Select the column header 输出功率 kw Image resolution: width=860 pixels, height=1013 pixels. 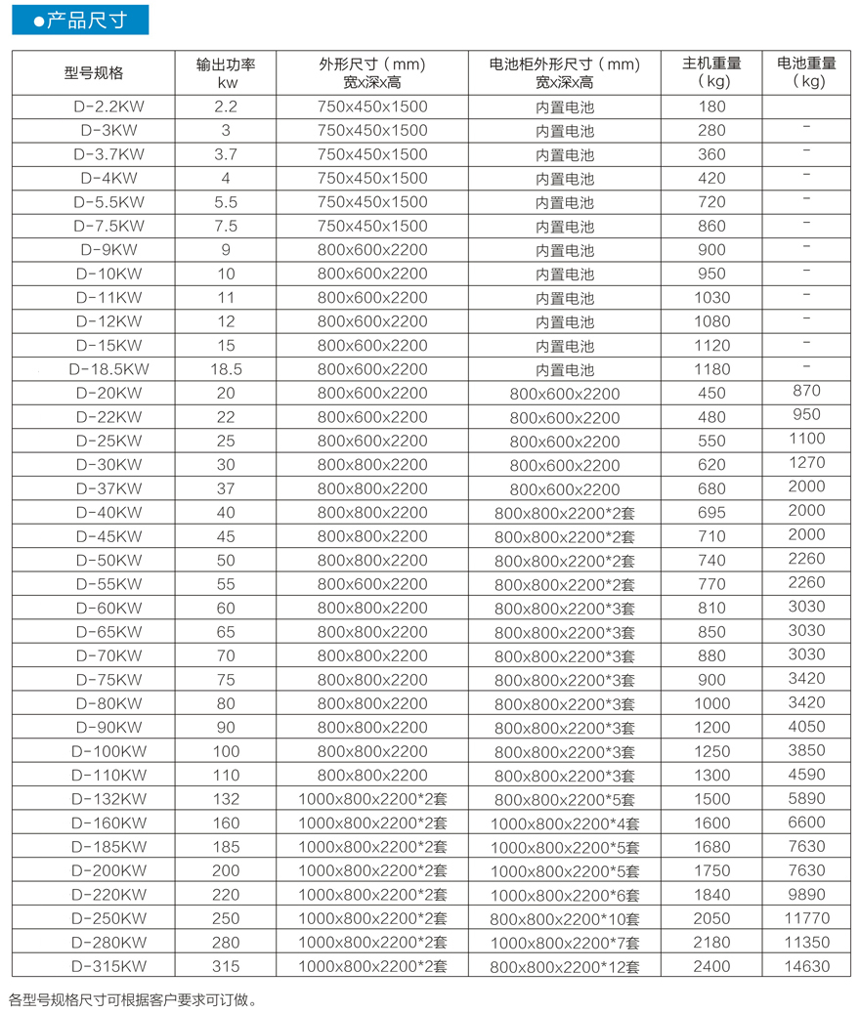(x=226, y=73)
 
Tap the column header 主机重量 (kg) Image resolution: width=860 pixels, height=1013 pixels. (x=711, y=73)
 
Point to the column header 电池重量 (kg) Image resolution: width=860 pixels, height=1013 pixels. (x=806, y=73)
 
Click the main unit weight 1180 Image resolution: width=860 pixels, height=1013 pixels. (x=712, y=369)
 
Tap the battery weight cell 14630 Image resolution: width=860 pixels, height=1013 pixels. (x=806, y=966)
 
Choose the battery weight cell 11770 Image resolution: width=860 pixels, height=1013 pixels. (x=806, y=918)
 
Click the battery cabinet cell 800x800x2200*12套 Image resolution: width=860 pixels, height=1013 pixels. (x=564, y=967)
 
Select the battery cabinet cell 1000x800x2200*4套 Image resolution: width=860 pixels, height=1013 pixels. (x=564, y=823)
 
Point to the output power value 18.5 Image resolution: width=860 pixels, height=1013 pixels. (x=226, y=369)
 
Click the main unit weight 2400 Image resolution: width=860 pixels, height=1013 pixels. (x=712, y=966)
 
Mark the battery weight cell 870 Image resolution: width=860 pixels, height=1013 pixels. (x=806, y=391)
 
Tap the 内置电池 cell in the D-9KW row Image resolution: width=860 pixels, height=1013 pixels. (x=564, y=250)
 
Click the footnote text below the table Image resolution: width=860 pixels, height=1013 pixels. (x=133, y=999)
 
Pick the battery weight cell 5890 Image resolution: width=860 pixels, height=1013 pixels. (x=806, y=798)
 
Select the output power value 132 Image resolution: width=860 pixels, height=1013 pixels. (x=226, y=798)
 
